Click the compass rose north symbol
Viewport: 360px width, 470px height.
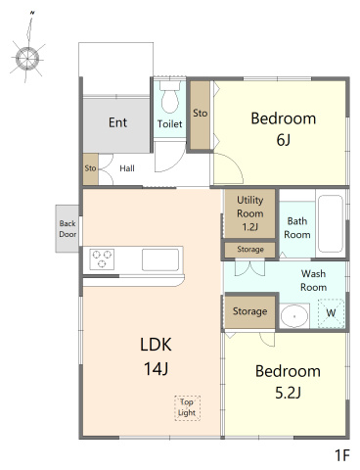27,59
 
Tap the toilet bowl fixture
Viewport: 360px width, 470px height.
170,97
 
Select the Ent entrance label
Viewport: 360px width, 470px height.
117,122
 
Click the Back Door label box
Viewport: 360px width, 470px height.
67,229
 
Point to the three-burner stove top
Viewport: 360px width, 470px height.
102,259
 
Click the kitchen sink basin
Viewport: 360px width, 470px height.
160,259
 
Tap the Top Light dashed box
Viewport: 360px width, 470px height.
187,408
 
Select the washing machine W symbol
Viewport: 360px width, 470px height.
331,313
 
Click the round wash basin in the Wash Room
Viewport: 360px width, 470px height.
294,316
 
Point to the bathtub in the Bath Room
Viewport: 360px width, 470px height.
331,223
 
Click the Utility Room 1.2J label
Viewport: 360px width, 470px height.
250,213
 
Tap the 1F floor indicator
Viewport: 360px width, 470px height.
342,455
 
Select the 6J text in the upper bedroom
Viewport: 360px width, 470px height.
283,140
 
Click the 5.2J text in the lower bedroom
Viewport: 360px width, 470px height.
288,393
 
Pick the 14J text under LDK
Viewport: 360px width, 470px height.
156,369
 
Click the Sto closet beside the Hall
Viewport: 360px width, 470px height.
90,169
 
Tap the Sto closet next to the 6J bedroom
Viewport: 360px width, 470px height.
200,115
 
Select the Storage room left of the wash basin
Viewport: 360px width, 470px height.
250,312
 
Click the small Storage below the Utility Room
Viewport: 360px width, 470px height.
250,250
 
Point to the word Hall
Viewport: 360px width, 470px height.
127,168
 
